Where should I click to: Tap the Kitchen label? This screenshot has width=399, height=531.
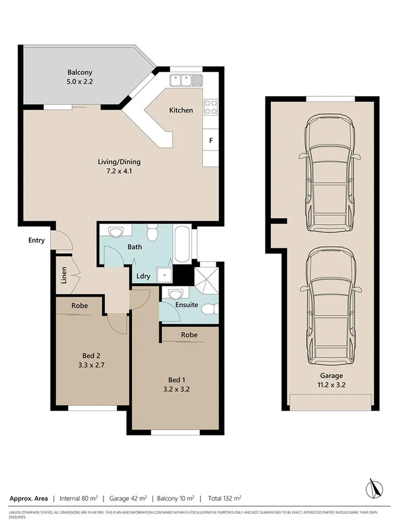(181, 110)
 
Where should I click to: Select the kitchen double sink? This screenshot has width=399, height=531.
(185, 80)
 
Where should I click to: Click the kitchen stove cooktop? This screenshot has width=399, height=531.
(210, 107)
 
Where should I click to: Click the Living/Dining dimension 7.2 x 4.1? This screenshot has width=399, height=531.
(119, 172)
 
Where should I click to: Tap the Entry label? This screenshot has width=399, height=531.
(36, 240)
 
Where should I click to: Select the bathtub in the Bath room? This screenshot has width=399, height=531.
(182, 246)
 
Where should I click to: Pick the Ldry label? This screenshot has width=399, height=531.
(142, 276)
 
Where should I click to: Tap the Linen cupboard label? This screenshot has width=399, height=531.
(64, 276)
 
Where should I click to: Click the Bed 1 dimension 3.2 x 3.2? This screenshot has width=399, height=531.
(178, 389)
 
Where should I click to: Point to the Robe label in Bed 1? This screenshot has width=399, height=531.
(189, 335)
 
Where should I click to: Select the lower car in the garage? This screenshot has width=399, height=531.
(330, 306)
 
